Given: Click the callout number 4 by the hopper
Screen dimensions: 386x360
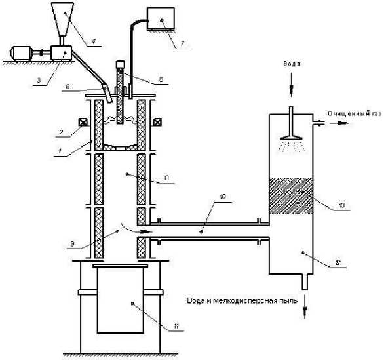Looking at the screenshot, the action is pos(94,41).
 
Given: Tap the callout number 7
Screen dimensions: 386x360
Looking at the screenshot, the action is pos(182,43).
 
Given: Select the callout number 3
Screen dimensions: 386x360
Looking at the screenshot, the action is pos(39,80).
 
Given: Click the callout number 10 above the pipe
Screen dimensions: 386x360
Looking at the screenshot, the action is pos(223,197).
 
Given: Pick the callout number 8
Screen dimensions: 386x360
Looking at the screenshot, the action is pos(166,178).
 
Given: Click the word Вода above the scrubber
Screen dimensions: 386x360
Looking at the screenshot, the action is pos(292,64).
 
